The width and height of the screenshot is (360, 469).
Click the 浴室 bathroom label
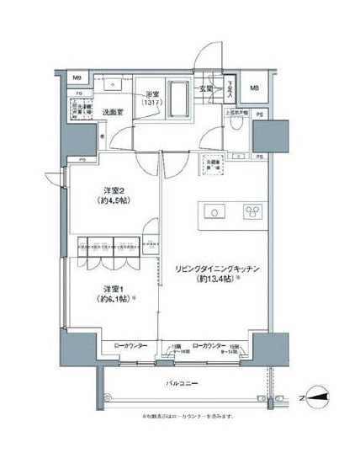(153, 93)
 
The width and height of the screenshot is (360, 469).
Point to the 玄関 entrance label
(206, 88)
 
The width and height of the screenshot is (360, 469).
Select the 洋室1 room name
(101, 289)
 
